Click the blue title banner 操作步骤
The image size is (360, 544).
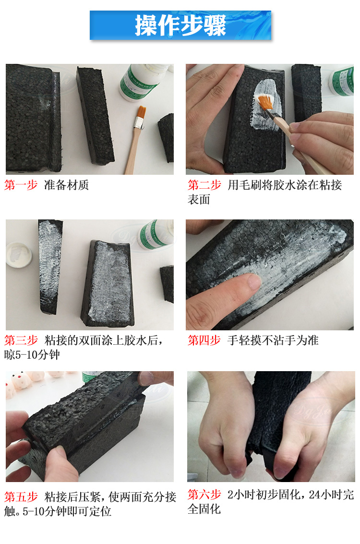click(180, 25)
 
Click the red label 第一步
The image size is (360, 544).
click(21, 185)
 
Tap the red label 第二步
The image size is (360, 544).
click(204, 185)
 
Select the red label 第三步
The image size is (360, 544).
click(21, 340)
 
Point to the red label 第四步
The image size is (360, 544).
click(204, 340)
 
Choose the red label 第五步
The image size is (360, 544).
click(21, 496)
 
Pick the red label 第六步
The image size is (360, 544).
click(204, 495)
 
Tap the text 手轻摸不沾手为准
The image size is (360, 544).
click(273, 340)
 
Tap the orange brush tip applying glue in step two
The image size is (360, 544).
click(265, 103)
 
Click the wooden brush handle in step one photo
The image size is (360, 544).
click(132, 149)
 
